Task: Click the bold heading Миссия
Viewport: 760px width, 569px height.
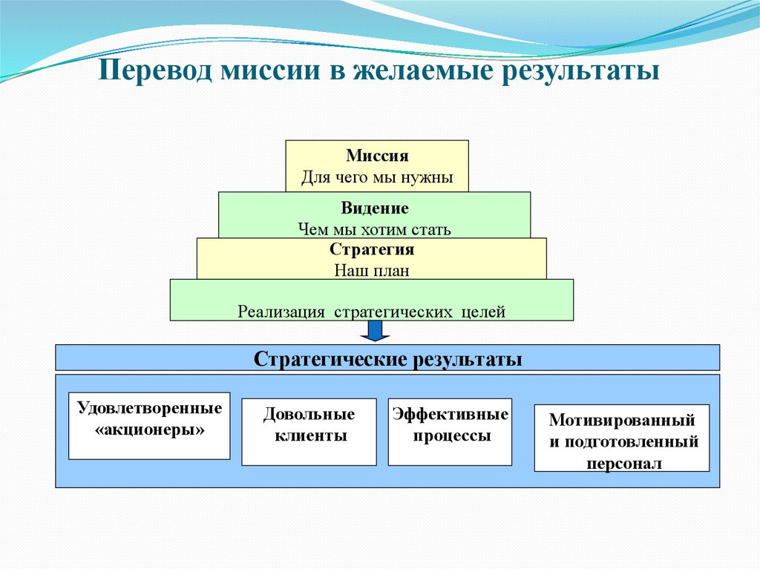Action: pos(377,157)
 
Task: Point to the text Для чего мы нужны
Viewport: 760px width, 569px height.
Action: pos(376,178)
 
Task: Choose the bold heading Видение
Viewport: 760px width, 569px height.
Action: pos(375,208)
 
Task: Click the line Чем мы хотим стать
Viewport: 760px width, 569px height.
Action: pos(374,229)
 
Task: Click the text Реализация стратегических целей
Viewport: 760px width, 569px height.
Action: pos(372,312)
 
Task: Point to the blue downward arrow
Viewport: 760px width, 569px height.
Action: pos(376,331)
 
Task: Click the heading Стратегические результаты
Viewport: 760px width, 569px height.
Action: pos(387,359)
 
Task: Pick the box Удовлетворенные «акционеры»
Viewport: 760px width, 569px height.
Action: pos(149,426)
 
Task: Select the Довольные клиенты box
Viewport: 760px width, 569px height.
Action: pos(309,432)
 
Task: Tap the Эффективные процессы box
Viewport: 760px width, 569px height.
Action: pos(451,432)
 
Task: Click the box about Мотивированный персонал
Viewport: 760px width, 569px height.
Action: pos(622,438)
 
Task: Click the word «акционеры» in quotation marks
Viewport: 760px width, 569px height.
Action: pos(150,430)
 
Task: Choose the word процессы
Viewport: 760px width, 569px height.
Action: pos(451,436)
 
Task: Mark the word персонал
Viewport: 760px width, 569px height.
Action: pos(623,462)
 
